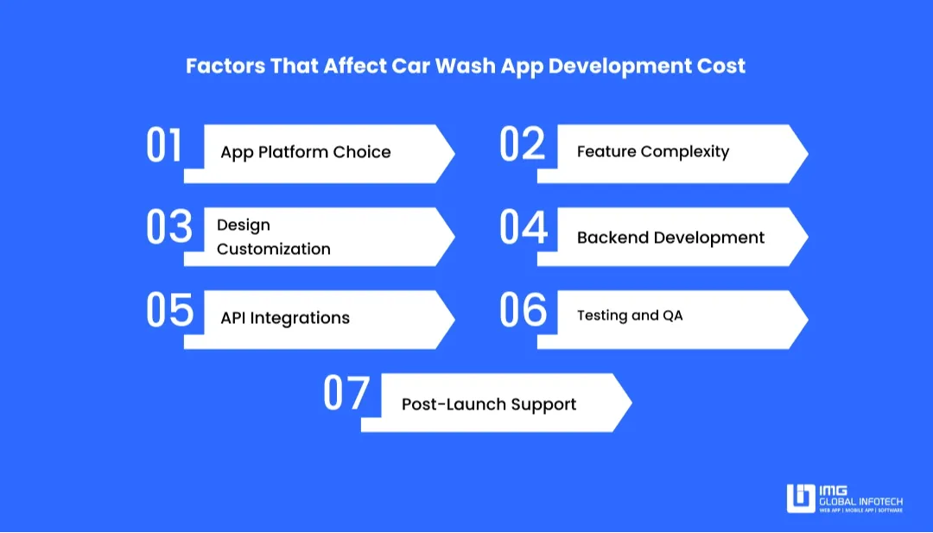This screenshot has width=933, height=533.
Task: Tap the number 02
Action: [523, 144]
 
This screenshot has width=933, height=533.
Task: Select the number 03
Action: [168, 227]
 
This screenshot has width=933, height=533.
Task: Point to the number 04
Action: [524, 227]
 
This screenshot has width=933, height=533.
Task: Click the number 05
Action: [169, 310]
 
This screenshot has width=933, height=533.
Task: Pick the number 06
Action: [524, 310]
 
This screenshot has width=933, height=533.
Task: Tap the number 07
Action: [346, 393]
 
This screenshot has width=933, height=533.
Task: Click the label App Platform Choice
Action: [305, 152]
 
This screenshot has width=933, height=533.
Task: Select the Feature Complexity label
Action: [653, 152]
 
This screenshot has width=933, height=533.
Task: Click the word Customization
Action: [273, 249]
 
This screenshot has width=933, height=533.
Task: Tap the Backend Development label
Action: [670, 238]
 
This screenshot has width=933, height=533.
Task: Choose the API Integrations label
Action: [285, 318]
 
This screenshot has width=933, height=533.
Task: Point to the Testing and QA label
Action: [630, 315]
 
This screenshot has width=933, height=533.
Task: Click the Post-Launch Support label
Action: [489, 404]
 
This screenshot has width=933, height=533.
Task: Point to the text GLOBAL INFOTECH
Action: [861, 502]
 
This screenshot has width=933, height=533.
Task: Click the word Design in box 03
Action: [244, 225]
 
